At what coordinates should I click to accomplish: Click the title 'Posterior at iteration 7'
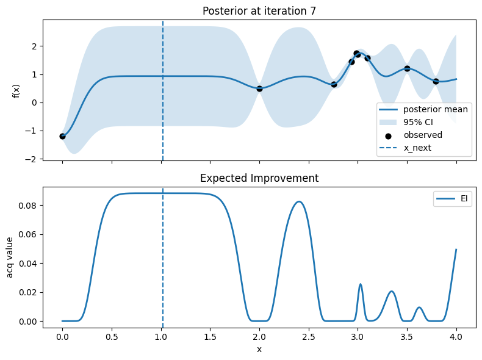click(259, 11)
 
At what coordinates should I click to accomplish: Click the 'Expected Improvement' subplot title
click(259, 178)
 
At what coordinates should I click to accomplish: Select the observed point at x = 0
click(62, 136)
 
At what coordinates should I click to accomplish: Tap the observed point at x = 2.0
click(259, 88)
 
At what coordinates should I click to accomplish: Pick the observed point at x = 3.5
click(407, 68)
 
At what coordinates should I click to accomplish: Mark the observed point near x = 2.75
click(334, 84)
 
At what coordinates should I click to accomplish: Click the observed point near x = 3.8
click(436, 81)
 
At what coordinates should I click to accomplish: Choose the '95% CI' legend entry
click(420, 123)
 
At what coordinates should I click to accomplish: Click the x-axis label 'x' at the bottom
click(259, 349)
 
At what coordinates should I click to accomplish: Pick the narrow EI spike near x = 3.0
click(361, 284)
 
